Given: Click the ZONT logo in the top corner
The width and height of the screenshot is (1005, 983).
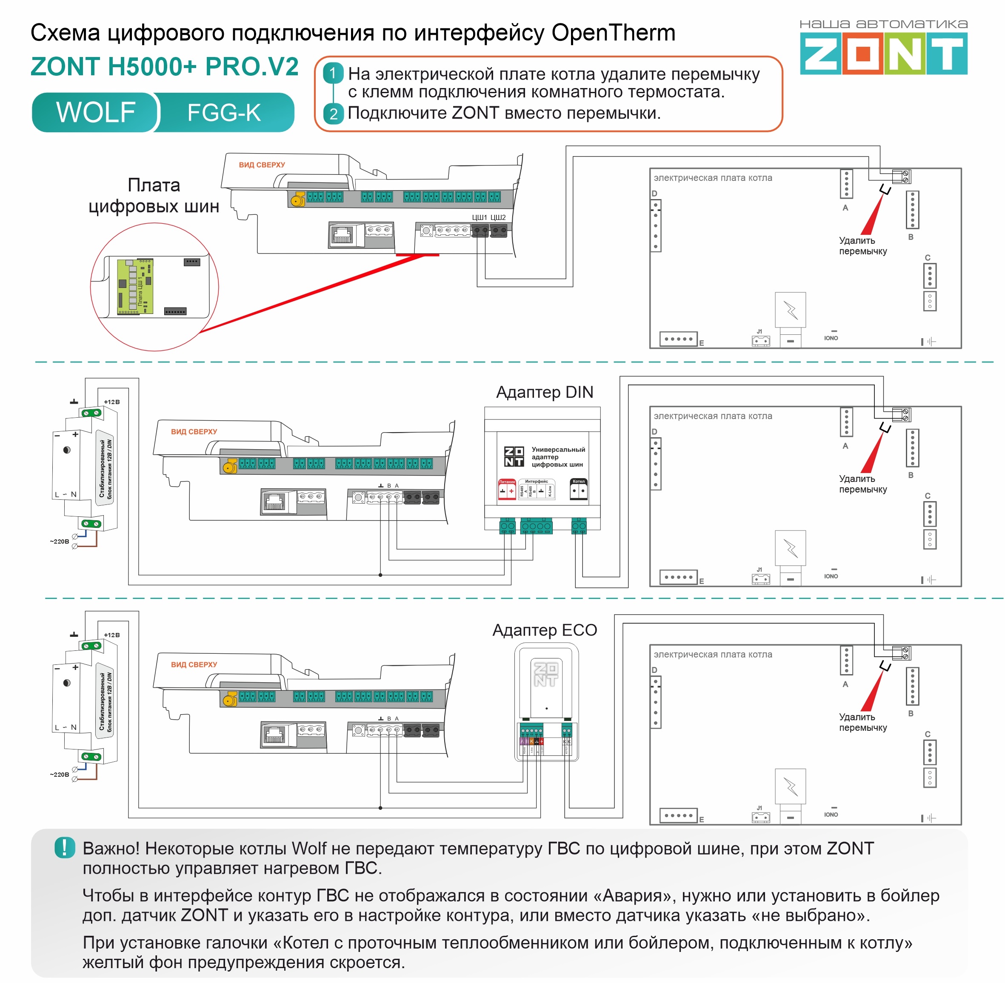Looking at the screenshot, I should pos(883,53).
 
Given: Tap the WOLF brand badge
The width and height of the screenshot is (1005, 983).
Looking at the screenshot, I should pos(96,113).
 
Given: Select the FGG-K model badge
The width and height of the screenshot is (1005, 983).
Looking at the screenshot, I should pos(224,113).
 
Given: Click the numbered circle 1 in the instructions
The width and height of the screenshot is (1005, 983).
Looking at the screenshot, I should pos(333,73).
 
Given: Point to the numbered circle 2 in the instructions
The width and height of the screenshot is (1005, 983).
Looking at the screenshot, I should pos(333,113).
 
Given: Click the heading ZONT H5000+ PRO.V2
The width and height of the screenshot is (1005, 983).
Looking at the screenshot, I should pos(164,67).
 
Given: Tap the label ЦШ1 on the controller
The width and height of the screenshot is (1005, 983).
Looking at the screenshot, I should pos(479,217).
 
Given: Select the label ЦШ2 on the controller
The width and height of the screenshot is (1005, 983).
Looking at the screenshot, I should pos(498,217).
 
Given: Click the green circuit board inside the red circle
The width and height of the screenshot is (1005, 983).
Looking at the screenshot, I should pos(135,287).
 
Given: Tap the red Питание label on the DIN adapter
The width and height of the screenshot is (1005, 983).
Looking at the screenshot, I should pos(507,482).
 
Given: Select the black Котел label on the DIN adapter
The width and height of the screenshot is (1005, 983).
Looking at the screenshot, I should pos(578,481).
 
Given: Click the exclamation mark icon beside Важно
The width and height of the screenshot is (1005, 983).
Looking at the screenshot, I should pos(65,848).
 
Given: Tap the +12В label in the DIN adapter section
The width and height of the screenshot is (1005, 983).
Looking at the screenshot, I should pos(111,402).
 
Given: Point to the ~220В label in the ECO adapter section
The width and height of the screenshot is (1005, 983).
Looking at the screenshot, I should pos(60,775).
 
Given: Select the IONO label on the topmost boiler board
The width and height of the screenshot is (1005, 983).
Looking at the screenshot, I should pos(831,338).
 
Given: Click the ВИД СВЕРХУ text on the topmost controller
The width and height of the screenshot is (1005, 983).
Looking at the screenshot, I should pos(262,165).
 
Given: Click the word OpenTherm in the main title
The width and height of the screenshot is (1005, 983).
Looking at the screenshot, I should pos(613,33).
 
